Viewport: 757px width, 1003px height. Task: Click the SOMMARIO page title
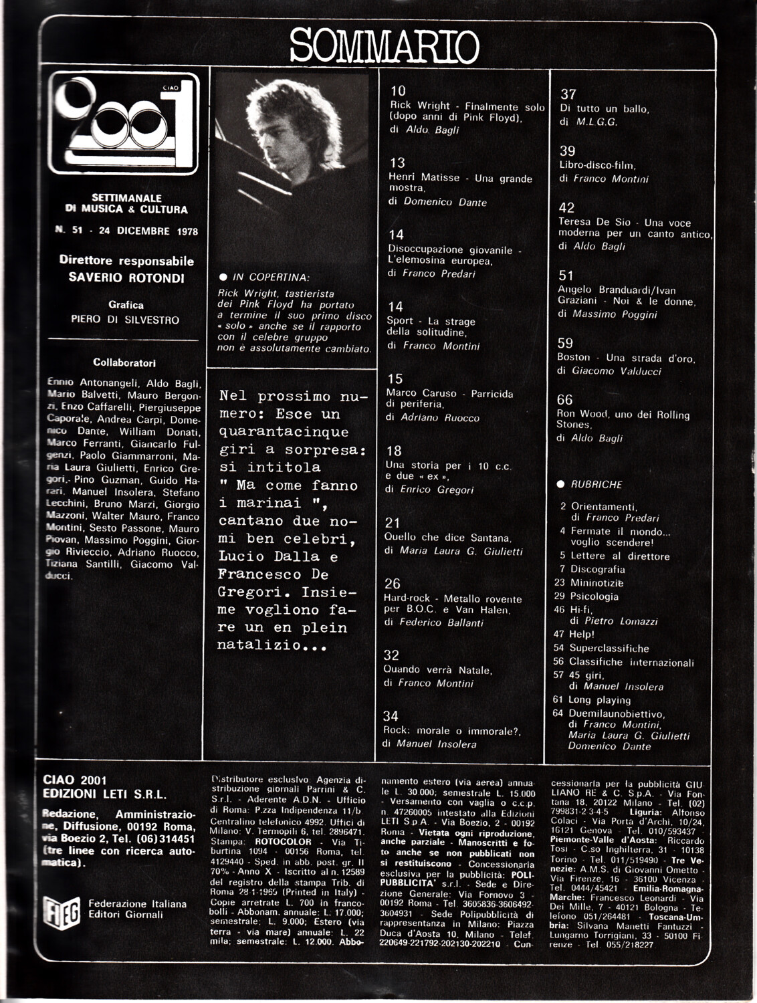(385, 45)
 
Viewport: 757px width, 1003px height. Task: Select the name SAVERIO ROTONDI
(126, 277)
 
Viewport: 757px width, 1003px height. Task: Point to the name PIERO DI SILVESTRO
(125, 320)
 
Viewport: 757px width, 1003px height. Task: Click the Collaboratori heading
(124, 362)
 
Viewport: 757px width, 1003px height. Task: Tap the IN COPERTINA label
(270, 277)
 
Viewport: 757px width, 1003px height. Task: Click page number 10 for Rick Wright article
(398, 91)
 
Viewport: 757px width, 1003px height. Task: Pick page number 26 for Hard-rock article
(393, 584)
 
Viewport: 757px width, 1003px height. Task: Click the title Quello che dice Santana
(447, 537)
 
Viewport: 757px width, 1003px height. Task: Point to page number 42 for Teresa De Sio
(566, 208)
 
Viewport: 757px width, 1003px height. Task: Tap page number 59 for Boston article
(565, 343)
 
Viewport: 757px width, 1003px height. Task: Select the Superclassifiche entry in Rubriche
(609, 648)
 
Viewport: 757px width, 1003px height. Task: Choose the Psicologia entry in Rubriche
(594, 596)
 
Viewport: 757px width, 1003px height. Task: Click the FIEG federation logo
(62, 909)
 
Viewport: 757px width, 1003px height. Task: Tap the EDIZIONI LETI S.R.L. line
(104, 795)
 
